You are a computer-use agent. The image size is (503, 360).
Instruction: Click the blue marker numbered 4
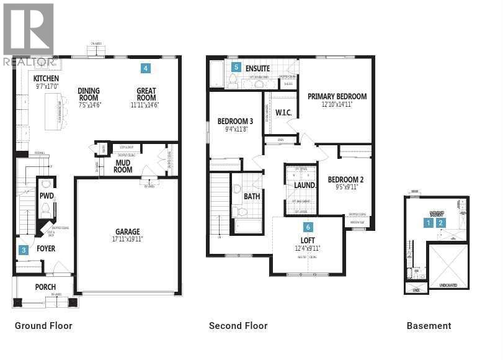point(145,68)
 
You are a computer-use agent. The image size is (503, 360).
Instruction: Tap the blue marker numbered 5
point(235,66)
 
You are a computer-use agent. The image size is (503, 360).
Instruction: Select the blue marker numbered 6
point(308,228)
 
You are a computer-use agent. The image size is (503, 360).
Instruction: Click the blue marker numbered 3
point(24,250)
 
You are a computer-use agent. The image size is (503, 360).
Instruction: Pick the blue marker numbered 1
point(427,222)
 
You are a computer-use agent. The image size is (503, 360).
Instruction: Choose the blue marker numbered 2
point(441,222)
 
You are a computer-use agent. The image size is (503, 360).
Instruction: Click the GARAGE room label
point(127,232)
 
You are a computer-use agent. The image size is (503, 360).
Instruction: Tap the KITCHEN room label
point(46,79)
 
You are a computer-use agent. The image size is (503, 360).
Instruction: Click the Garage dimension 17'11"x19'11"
point(127,239)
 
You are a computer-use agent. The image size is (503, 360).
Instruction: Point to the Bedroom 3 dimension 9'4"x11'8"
point(235,129)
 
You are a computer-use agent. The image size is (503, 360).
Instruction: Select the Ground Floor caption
point(43,326)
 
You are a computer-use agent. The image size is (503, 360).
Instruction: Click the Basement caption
point(429,326)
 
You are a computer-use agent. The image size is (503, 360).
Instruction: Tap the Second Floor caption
point(238,326)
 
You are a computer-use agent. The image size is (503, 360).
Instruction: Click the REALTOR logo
point(29,35)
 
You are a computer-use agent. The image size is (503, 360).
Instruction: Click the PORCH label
point(45,287)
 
